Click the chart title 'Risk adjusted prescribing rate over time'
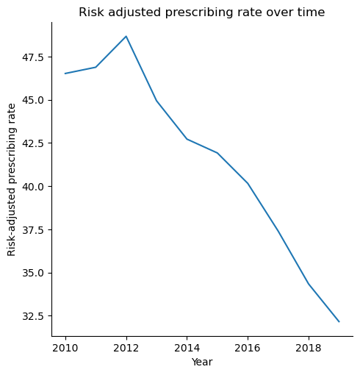pyautogui.click(x=201, y=12)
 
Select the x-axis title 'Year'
pyautogui.click(x=202, y=362)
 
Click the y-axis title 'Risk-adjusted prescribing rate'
pyautogui.click(x=12, y=179)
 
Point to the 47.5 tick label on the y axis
pyautogui.click(x=34, y=57)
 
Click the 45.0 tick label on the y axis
pyautogui.click(x=34, y=100)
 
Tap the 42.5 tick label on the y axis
pyautogui.click(x=34, y=143)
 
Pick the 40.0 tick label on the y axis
pyautogui.click(x=34, y=187)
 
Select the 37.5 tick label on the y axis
pyautogui.click(x=34, y=229)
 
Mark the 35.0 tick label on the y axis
pyautogui.click(x=34, y=273)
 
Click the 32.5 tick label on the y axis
pyautogui.click(x=34, y=316)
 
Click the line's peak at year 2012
pyautogui.click(x=126, y=36)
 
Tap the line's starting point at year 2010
pyautogui.click(x=65, y=74)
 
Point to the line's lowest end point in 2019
pyautogui.click(x=339, y=321)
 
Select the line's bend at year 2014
pyautogui.click(x=187, y=139)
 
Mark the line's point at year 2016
pyautogui.click(x=248, y=183)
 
